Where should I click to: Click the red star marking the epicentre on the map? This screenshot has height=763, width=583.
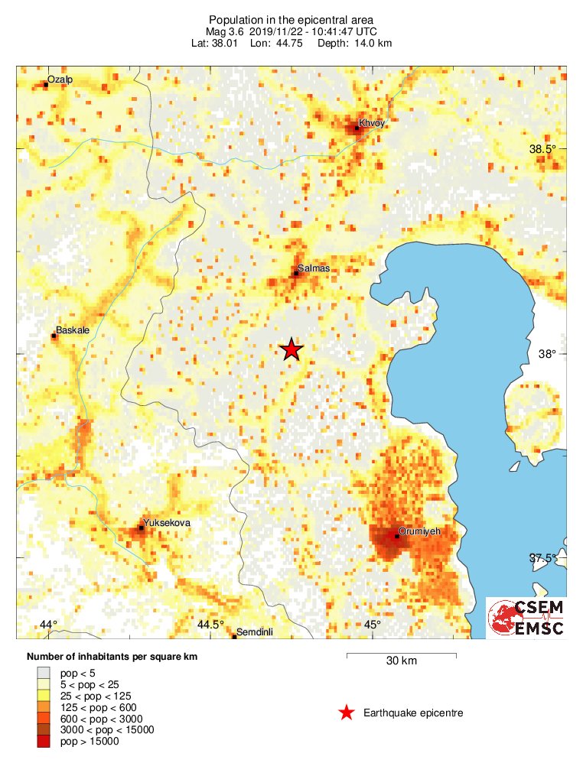291,349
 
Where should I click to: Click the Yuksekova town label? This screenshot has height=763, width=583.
167,522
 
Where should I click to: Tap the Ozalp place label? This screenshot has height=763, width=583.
60,80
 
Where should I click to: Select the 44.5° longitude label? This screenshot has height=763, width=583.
210,625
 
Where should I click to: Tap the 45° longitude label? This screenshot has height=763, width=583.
372,625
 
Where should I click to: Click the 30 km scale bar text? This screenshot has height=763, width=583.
401,661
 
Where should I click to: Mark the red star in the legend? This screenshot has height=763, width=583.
347,713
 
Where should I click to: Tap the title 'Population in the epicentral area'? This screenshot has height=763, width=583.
291,19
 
